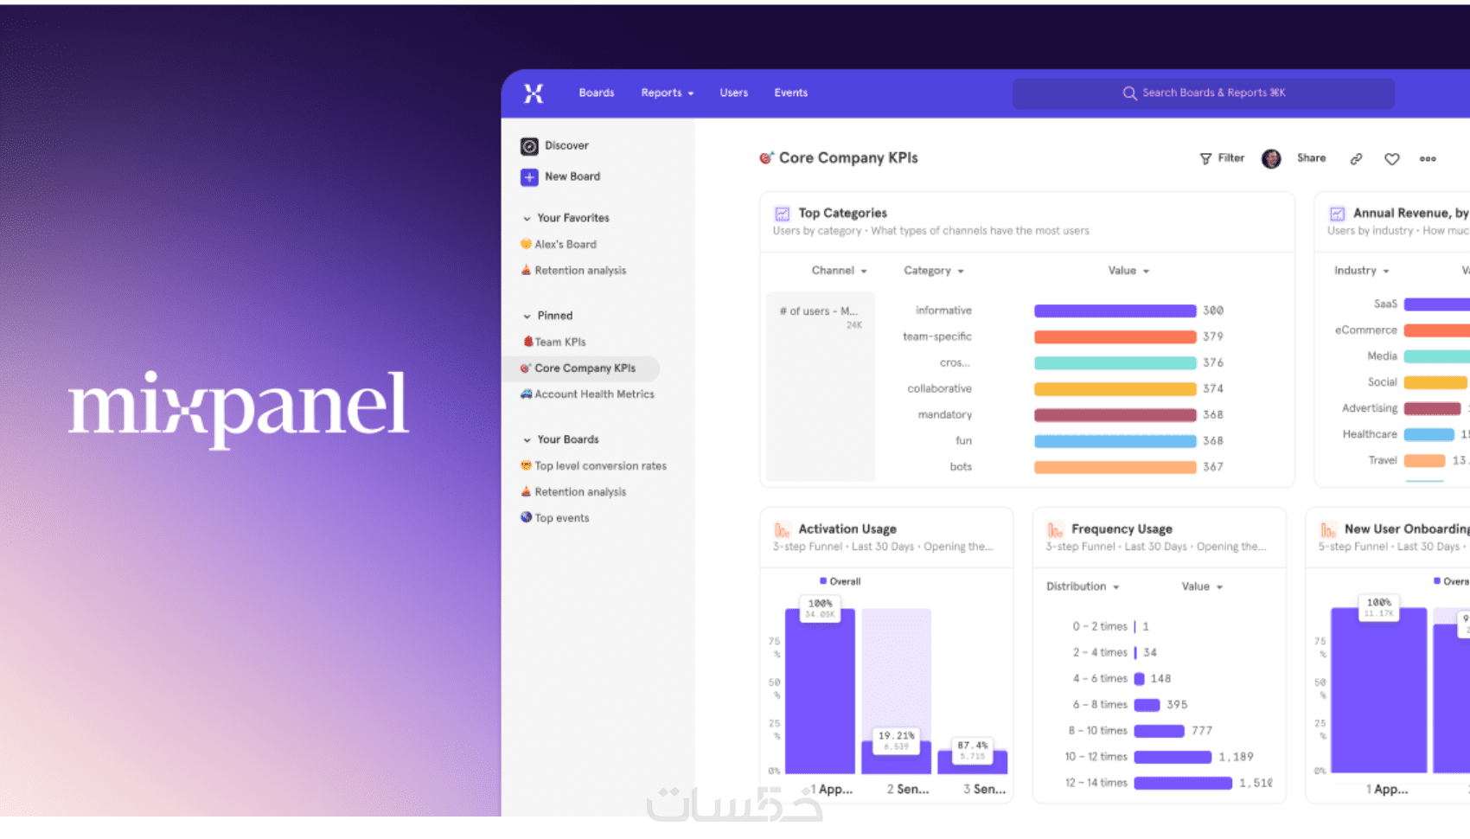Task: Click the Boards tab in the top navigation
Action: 596,93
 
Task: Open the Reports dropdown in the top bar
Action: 667,93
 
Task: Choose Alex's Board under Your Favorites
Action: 565,245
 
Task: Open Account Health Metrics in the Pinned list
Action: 593,394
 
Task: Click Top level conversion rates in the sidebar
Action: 599,466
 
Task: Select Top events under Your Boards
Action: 561,518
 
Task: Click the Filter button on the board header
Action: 1222,158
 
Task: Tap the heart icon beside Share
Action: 1391,159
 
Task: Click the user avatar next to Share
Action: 1270,158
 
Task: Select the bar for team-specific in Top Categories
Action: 1115,336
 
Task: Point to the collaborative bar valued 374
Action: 1115,389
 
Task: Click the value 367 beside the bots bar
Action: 1212,467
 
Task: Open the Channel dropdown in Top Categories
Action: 839,271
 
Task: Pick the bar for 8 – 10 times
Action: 1159,731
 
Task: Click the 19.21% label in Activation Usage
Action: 896,736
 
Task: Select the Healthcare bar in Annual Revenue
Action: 1428,434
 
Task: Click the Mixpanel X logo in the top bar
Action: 534,93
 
